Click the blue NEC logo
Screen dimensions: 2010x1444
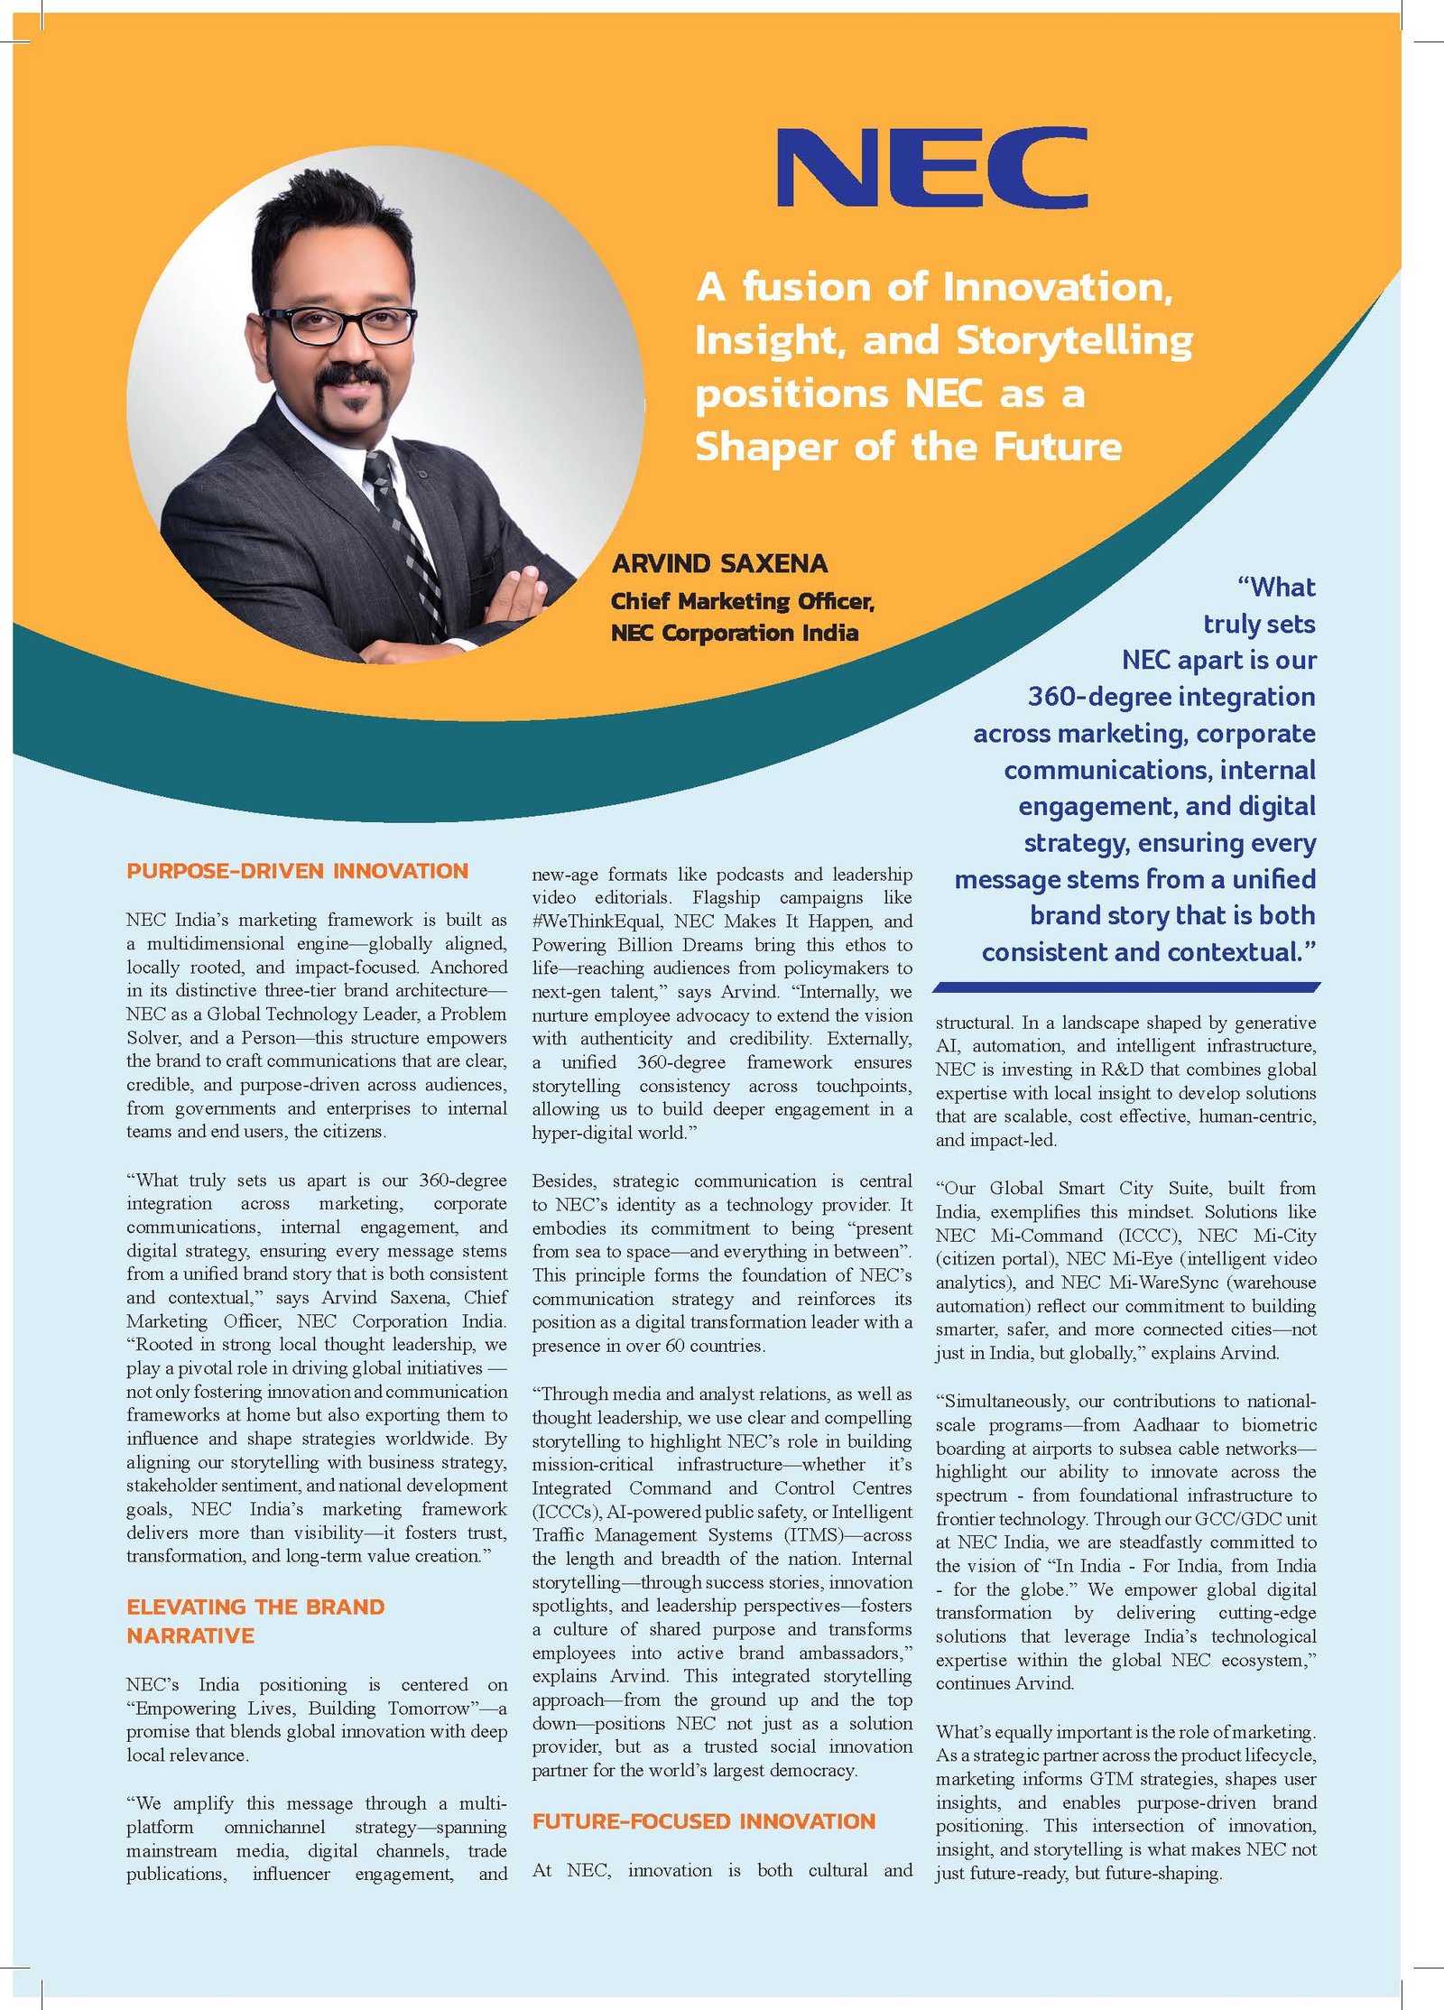[x=931, y=167]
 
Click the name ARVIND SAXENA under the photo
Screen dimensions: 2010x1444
[x=719, y=564]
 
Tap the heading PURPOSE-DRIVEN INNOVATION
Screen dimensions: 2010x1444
[x=297, y=871]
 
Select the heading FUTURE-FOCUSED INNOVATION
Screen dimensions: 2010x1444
[x=703, y=1821]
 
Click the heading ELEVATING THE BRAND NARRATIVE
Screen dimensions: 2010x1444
[x=255, y=1621]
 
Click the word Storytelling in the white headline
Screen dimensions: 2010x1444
[x=1074, y=340]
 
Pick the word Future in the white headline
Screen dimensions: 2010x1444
[x=1058, y=447]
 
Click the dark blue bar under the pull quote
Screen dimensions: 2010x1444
[x=1125, y=987]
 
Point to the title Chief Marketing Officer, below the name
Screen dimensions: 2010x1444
[x=742, y=601]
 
